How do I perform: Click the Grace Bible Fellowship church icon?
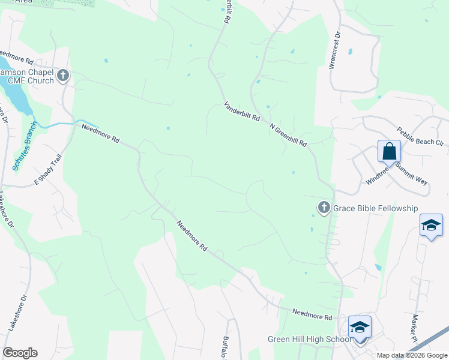[x=324, y=208]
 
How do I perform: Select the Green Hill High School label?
[x=309, y=340]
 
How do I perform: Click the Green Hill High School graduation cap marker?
[x=360, y=327]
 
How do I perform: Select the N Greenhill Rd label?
[x=288, y=136]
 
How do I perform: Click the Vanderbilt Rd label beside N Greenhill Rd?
[x=242, y=112]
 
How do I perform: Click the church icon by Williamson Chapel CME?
[x=63, y=76]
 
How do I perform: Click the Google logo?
[x=20, y=353]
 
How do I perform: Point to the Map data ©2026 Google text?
[x=412, y=355]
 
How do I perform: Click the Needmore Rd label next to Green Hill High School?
[x=312, y=314]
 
